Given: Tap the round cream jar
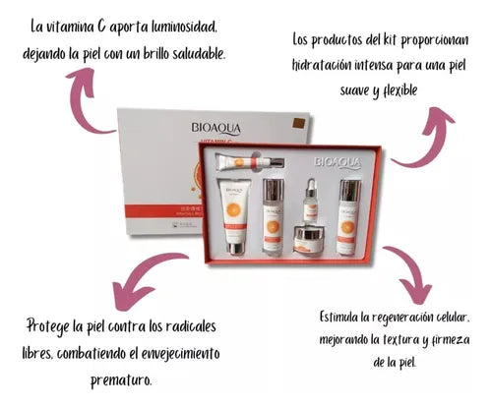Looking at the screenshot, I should (313, 237).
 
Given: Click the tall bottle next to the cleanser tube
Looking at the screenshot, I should (273, 216).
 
